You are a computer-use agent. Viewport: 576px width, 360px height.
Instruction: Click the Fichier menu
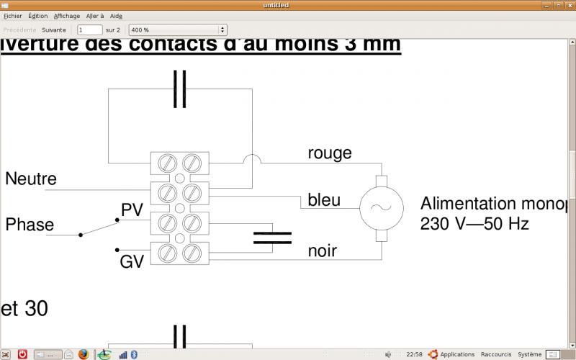(x=13, y=16)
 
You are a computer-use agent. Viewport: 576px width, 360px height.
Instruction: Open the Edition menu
(x=38, y=16)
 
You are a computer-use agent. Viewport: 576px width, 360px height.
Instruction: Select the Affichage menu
(x=67, y=16)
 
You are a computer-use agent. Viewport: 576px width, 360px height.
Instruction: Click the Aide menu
(x=116, y=16)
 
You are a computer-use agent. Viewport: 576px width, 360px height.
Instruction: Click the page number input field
(x=89, y=30)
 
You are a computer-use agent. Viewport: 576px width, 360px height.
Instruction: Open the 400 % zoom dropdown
(x=177, y=30)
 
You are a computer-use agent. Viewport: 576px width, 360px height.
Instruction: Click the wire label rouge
(x=330, y=153)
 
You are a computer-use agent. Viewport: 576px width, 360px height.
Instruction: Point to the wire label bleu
(x=324, y=199)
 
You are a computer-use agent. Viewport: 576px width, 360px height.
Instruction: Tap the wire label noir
(x=323, y=251)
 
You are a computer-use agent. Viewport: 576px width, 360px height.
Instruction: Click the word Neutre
(x=31, y=179)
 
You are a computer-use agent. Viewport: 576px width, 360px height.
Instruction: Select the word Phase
(x=30, y=225)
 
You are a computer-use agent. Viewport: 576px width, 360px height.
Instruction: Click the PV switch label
(x=132, y=210)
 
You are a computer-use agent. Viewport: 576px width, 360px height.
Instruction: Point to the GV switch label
(x=132, y=262)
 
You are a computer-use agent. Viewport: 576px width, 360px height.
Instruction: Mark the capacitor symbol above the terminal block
(x=180, y=89)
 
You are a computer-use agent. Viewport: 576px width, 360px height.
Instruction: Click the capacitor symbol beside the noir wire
(x=272, y=238)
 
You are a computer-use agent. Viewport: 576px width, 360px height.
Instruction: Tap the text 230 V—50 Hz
(x=474, y=224)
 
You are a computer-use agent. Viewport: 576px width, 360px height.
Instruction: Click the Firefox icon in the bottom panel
(x=84, y=354)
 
